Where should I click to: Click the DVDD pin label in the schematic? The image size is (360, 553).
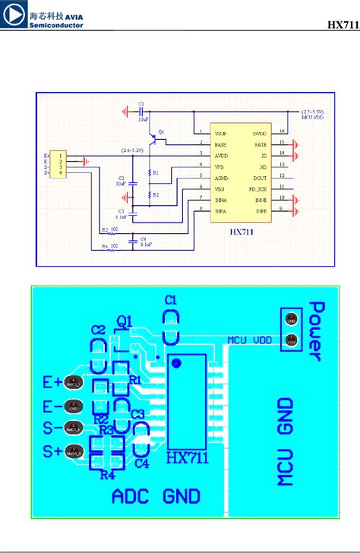[260, 131]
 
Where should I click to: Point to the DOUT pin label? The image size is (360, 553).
[260, 175]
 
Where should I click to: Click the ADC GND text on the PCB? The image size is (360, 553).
[156, 496]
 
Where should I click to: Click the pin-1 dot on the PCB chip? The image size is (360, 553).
[176, 364]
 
